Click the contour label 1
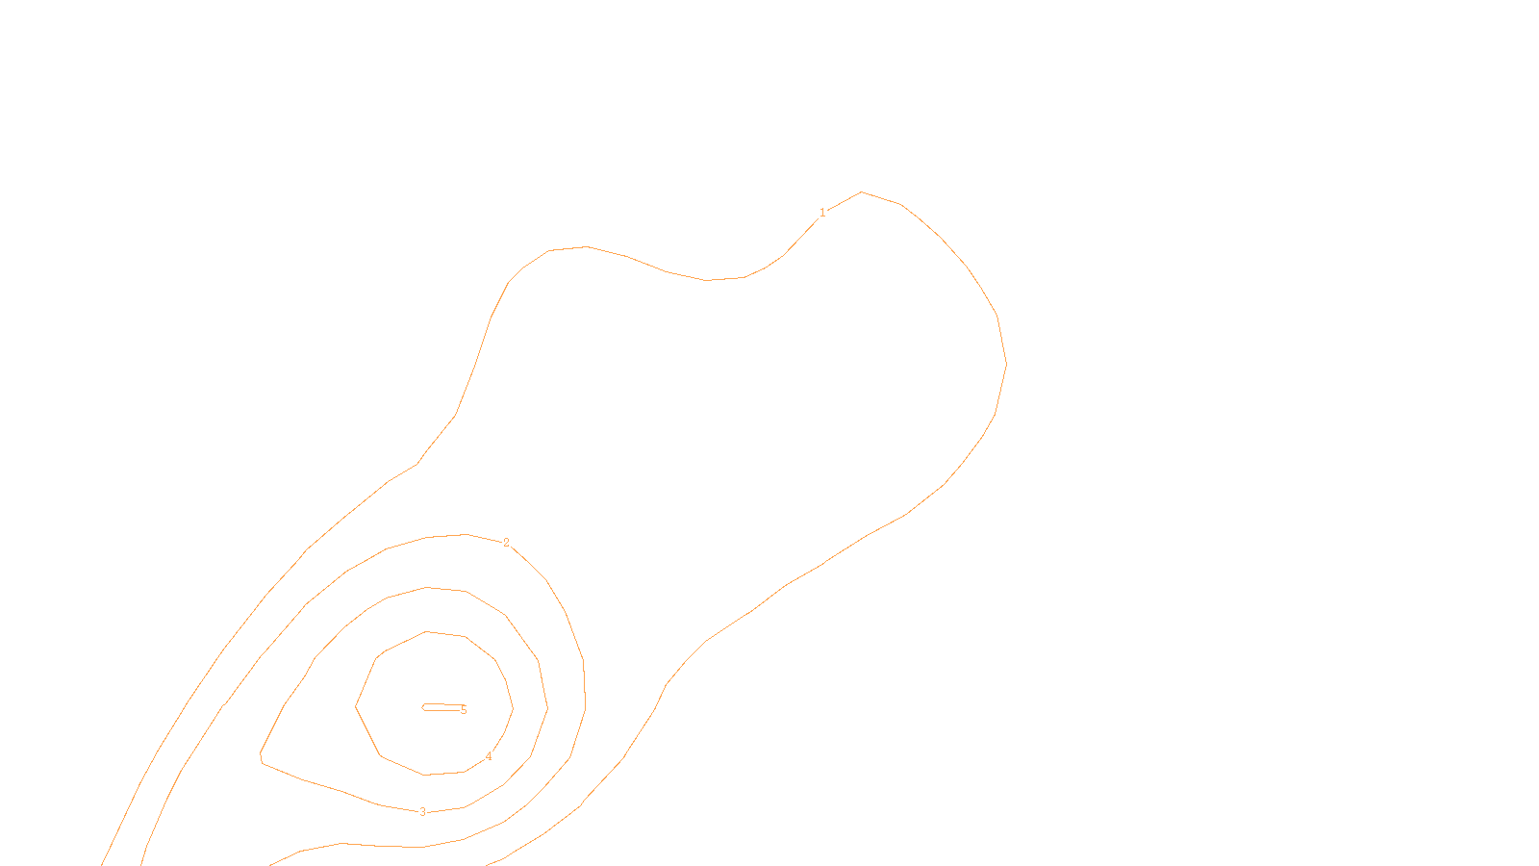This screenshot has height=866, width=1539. [822, 213]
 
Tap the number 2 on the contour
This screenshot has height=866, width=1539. [506, 544]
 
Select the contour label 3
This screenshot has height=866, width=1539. [422, 812]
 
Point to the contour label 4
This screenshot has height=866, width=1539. [489, 756]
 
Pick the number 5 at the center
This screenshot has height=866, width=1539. [464, 710]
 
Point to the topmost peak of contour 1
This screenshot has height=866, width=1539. [861, 192]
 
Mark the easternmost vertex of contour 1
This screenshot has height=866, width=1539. [1006, 364]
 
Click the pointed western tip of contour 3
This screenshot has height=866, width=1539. [261, 754]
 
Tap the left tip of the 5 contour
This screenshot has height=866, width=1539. [423, 707]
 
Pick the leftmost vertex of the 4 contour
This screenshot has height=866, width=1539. [356, 705]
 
